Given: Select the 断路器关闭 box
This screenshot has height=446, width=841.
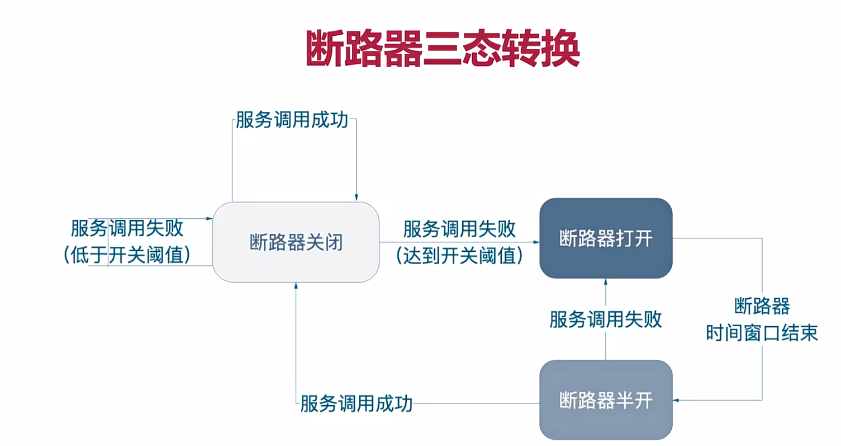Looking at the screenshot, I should (296, 242).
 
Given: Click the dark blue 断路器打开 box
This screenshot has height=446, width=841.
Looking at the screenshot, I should (606, 238).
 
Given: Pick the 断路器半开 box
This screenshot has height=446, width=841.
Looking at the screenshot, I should (606, 400).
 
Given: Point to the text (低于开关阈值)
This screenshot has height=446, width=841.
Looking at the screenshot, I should (127, 255).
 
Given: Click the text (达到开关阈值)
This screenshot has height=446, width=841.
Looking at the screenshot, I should (459, 255).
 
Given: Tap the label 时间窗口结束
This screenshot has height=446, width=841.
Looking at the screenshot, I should (762, 333).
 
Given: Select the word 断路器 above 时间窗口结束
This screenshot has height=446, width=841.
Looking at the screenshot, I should (762, 307).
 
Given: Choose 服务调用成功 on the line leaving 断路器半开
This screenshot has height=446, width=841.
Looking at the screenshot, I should (357, 403).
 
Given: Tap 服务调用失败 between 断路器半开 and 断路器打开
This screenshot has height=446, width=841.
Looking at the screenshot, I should (606, 320).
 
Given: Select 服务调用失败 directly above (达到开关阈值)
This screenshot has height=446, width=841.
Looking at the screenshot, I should (459, 228).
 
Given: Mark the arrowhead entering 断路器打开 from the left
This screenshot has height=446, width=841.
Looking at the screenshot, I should (536, 242).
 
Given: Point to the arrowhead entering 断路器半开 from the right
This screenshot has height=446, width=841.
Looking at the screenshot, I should (676, 400).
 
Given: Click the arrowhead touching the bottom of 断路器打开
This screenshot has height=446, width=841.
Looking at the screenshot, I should (606, 281).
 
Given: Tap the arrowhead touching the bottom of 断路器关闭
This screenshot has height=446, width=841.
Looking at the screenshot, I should (296, 285).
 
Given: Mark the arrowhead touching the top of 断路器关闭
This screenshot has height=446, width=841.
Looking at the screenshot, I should (356, 198).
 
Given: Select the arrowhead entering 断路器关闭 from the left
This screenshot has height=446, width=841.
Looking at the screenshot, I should (210, 219).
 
